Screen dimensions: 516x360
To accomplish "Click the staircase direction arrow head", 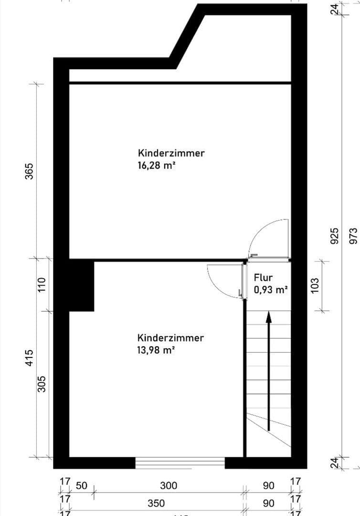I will tap(268, 316).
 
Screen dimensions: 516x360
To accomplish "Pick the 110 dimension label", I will tap(42, 285).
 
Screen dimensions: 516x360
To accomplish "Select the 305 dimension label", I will tap(42, 384).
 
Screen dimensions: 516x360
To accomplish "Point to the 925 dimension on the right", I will tap(335, 236).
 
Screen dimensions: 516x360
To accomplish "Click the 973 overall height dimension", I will tap(353, 236).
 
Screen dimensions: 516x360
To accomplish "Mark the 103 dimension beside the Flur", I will tap(316, 286).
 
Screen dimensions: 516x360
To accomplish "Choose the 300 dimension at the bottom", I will tap(169, 486).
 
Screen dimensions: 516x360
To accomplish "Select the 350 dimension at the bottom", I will tap(156, 503).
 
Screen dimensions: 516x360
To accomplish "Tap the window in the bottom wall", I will tap(180, 462).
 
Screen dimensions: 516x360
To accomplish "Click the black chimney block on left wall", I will tap(81, 286).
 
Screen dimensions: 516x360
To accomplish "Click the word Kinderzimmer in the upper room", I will tap(171, 153).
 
